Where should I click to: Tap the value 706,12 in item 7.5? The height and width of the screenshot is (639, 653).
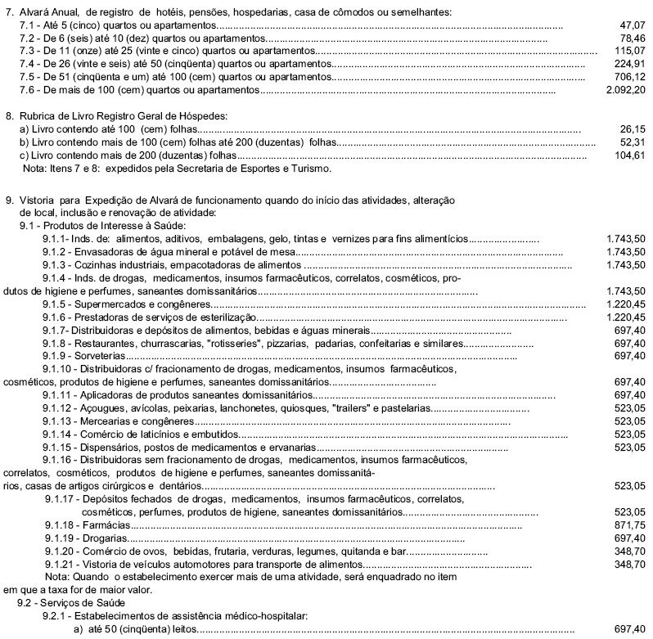628,76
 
